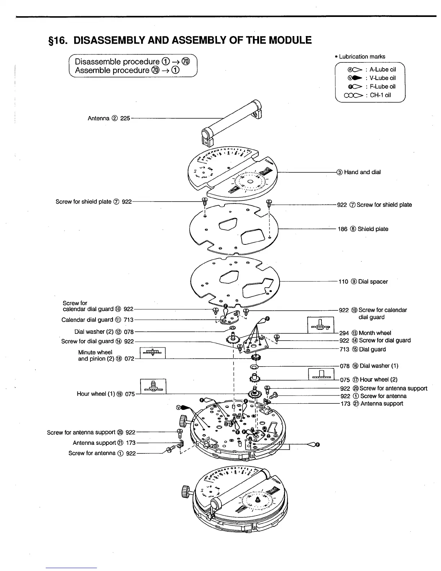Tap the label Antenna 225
point(109,118)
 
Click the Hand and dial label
point(362,172)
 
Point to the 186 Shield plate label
point(363,229)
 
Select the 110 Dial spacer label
point(363,282)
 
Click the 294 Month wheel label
point(365,333)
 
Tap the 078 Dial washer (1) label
point(369,366)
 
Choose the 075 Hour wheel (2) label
point(369,380)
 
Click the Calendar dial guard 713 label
point(97,320)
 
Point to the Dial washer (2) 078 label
point(104,332)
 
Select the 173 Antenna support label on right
point(371,404)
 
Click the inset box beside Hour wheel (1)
point(153,386)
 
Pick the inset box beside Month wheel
point(320,325)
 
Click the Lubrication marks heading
point(362,57)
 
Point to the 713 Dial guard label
point(362,349)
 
